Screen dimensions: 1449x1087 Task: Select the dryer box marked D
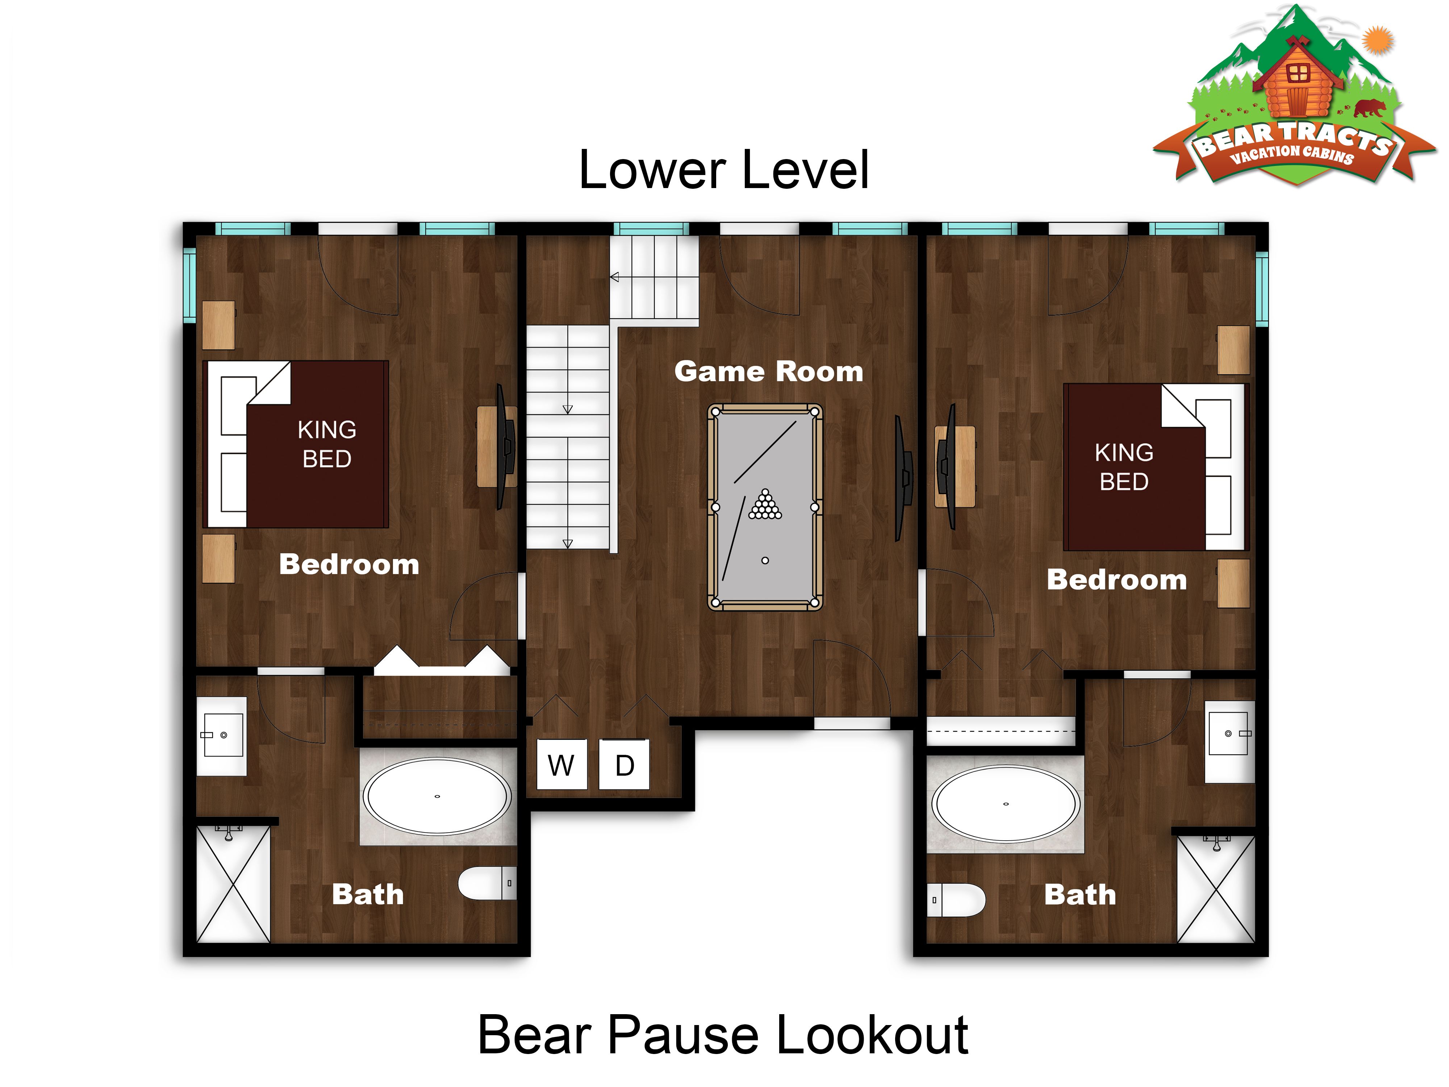click(624, 764)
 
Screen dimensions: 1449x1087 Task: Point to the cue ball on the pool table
click(764, 560)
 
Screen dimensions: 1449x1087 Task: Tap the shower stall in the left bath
click(233, 884)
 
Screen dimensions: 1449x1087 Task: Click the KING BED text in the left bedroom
click(327, 444)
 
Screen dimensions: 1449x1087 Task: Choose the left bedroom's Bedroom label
click(349, 564)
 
